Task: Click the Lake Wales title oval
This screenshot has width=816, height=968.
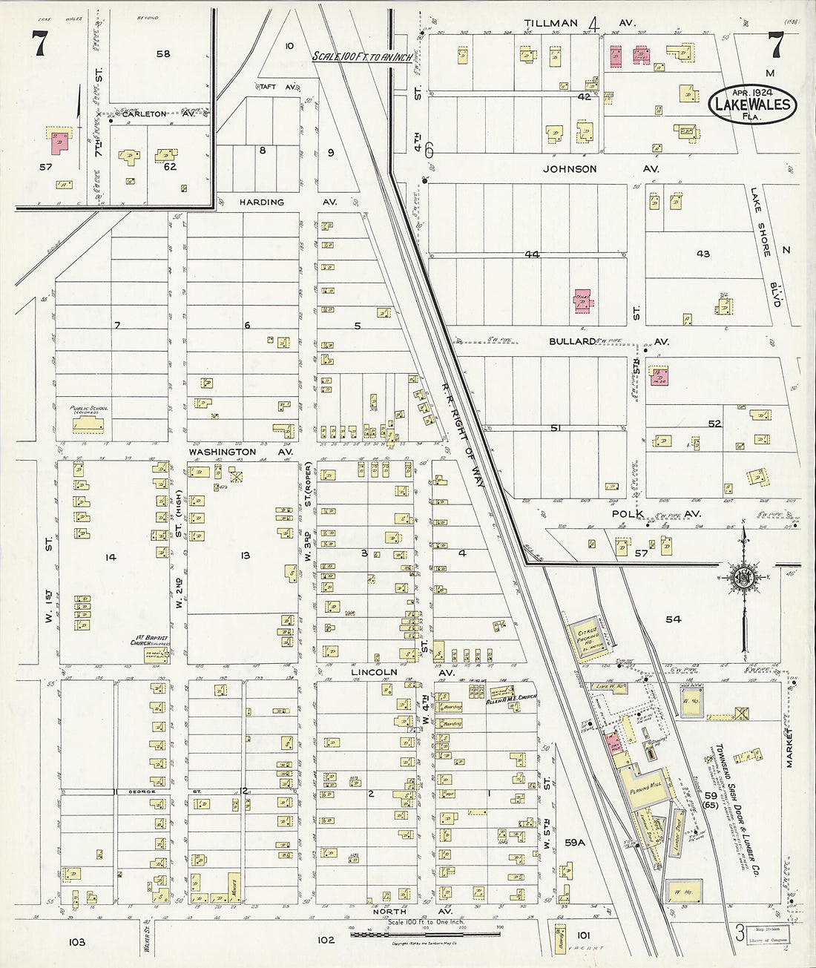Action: click(x=753, y=102)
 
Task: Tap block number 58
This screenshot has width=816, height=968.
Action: click(x=163, y=53)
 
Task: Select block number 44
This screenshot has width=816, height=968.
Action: click(x=531, y=254)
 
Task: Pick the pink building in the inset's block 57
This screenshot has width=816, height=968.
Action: click(x=61, y=142)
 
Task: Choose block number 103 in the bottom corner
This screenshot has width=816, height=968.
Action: click(x=77, y=942)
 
